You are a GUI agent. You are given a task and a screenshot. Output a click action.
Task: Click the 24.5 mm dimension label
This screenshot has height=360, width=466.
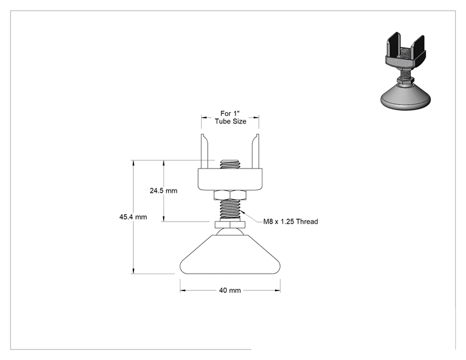click(x=163, y=191)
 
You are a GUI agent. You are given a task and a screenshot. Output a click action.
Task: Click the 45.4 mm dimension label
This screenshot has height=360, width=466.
click(x=133, y=217)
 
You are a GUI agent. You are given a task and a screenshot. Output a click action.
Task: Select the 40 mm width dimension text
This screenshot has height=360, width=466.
click(x=230, y=291)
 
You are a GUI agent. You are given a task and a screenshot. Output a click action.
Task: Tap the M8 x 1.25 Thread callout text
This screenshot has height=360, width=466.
click(x=291, y=222)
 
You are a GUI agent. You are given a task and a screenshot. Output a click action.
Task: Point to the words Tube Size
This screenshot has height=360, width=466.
click(x=230, y=121)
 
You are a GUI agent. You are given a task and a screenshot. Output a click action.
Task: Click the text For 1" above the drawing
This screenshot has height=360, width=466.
click(x=230, y=113)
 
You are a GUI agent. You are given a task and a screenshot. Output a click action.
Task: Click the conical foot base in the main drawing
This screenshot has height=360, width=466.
click(x=230, y=255)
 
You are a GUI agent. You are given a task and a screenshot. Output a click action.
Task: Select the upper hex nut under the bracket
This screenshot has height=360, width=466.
click(x=230, y=195)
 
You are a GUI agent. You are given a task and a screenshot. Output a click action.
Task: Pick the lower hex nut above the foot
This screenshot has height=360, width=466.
click(x=230, y=225)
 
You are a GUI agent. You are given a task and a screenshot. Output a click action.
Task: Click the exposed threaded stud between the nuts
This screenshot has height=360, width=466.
click(x=230, y=210)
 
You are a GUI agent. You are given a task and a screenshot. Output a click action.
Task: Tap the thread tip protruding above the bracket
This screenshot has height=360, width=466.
click(x=230, y=164)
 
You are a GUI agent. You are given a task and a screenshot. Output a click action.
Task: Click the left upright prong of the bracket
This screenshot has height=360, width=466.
click(x=204, y=151)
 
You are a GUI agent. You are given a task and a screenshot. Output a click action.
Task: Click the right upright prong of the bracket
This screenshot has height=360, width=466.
click(x=256, y=151)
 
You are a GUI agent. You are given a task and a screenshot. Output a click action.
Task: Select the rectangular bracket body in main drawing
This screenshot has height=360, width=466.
click(x=230, y=180)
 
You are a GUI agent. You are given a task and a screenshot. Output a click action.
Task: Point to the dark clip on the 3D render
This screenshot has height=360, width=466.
click(x=406, y=52)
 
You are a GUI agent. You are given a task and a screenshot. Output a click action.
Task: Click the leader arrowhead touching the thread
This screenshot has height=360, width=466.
click(x=242, y=212)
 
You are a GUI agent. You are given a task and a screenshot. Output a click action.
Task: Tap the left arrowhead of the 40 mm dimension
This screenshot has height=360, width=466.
click(x=183, y=291)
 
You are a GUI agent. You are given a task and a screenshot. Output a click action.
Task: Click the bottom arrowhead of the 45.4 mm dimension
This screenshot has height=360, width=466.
click(x=133, y=271)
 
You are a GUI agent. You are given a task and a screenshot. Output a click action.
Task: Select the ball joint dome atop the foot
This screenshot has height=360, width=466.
click(x=230, y=232)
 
